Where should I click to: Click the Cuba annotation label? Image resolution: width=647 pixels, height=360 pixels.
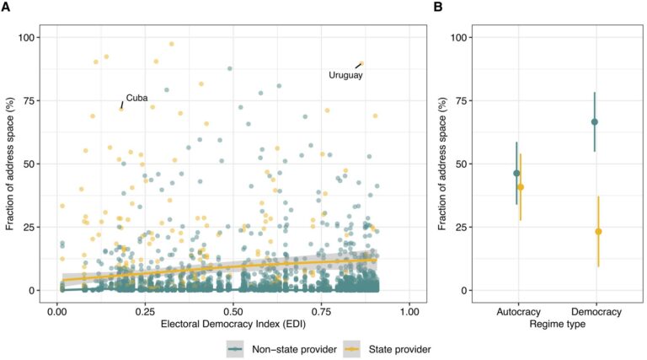click(x=136, y=98)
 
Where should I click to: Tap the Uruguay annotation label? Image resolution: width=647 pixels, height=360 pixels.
click(x=345, y=75)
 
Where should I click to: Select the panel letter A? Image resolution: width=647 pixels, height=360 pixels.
click(x=5, y=7)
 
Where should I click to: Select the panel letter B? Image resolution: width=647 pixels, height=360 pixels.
click(x=438, y=7)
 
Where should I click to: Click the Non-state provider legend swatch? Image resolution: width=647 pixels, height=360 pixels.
click(x=235, y=349)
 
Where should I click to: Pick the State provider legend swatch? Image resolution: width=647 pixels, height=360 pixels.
click(x=352, y=349)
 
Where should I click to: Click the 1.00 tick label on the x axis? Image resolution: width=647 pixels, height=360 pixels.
click(x=409, y=312)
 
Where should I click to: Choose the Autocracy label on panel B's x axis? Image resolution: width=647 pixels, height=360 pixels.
click(x=518, y=312)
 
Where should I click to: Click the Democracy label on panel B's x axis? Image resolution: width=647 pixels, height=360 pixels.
click(x=596, y=312)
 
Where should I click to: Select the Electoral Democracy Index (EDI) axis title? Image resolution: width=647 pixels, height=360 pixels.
click(x=233, y=324)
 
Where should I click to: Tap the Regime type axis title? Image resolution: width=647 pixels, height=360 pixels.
click(x=558, y=324)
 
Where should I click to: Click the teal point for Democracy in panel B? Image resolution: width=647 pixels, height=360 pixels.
click(x=595, y=121)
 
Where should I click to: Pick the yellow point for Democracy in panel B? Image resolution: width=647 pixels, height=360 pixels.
click(x=598, y=232)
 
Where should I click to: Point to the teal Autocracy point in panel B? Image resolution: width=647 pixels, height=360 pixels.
click(x=516, y=174)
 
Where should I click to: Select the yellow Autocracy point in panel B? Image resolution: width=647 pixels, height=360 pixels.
click(x=521, y=187)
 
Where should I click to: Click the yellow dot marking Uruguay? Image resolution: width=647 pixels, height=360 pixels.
click(x=361, y=63)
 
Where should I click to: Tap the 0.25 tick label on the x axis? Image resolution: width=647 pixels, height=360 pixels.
click(x=145, y=312)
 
